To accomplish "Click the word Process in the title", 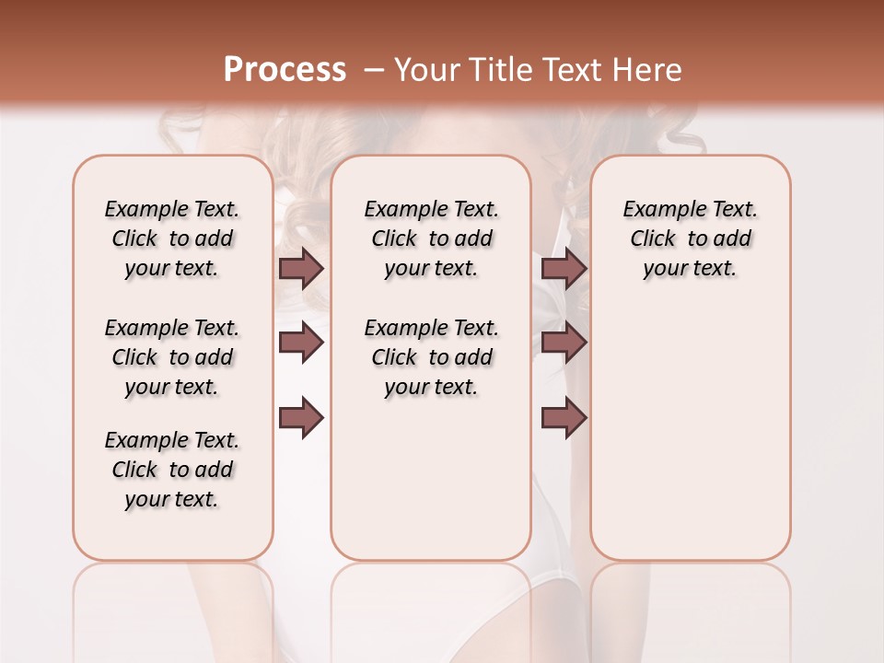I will pos(285,70).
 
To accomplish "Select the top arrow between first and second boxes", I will pos(301,268).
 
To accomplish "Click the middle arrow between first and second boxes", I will pos(301,343).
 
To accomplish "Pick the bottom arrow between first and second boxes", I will pos(301,418).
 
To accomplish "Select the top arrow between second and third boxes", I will pos(564,268).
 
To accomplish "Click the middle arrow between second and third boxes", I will pos(564,343).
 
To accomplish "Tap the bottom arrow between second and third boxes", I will pos(564,418).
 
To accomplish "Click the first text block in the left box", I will pos(172,238).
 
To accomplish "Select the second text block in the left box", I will pos(172,357).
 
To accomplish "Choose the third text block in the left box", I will pos(172,470).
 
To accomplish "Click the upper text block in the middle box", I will pos(431,238).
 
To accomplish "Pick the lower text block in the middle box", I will pos(431,357).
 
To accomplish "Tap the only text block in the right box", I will pos(690,238).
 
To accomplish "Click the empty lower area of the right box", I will pos(690,424).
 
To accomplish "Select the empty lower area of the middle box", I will pos(431,479).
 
